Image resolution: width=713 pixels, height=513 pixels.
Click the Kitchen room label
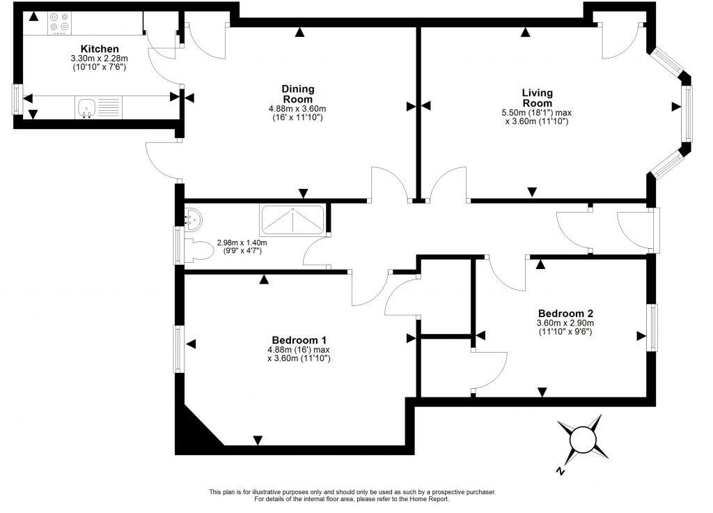[95, 48]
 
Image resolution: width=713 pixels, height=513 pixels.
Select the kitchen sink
[87, 107]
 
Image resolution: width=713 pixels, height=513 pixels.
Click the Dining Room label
[297, 93]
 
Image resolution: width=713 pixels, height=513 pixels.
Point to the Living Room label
[537, 98]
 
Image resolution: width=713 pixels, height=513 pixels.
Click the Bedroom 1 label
[299, 339]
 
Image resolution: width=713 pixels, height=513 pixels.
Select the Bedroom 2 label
[565, 313]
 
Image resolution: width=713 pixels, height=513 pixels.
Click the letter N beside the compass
[560, 472]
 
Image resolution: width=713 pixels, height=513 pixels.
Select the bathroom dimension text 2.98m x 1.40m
[242, 243]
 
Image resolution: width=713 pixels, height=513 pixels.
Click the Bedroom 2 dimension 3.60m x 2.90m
[565, 323]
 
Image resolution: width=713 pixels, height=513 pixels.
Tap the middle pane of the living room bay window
[688, 113]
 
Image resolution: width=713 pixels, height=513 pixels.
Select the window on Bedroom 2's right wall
[652, 327]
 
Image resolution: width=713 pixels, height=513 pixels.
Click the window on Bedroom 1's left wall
[179, 349]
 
